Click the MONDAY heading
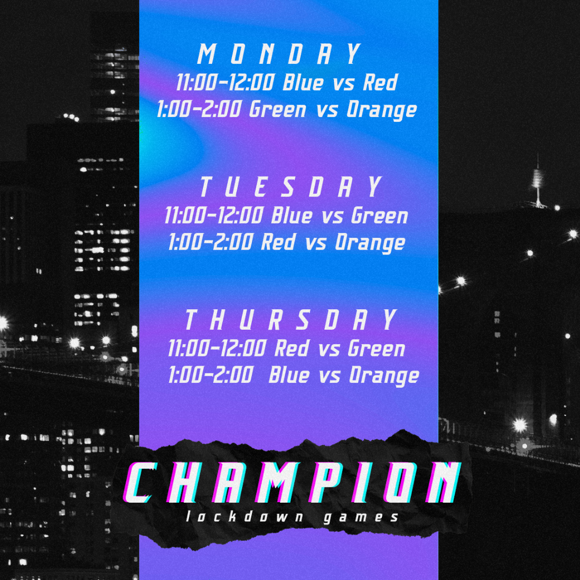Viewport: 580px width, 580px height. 279,54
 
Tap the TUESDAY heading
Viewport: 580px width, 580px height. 291,187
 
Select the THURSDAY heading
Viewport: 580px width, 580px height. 291,320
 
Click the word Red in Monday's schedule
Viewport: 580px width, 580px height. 380,83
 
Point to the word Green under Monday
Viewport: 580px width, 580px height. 278,110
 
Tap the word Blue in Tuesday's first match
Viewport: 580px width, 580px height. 292,215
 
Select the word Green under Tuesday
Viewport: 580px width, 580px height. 380,215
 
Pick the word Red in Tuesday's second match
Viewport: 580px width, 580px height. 278,242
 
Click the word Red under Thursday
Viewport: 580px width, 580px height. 292,349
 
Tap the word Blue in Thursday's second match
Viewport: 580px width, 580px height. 289,375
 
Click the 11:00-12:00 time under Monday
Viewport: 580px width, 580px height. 225,83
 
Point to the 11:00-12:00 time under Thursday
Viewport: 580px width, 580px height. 217,349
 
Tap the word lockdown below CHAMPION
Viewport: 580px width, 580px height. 244,517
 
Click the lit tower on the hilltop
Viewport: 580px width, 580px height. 538,183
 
